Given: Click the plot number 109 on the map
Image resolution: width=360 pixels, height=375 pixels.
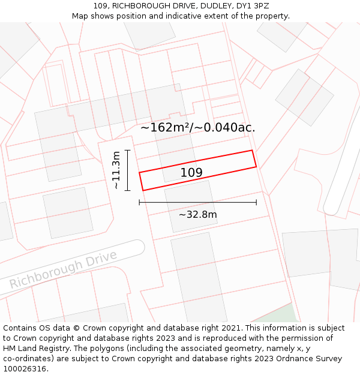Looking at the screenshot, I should pos(191,173).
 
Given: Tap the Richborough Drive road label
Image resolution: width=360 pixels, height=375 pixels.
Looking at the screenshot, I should pos(62,269).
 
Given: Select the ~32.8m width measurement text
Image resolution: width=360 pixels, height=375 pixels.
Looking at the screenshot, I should pos(197,214).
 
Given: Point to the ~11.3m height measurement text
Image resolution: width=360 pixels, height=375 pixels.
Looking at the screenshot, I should pos(116,170).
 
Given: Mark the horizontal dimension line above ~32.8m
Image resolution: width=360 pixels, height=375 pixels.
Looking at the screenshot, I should pos(197,203).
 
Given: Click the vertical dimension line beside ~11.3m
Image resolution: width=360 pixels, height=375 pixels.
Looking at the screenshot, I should pos(128,170).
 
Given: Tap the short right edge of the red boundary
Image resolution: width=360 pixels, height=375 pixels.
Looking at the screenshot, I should pos(254,159).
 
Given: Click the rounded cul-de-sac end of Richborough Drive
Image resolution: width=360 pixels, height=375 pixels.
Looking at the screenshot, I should pos(137,247).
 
